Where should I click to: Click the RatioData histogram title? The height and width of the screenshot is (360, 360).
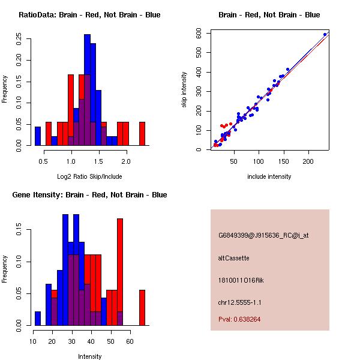89,15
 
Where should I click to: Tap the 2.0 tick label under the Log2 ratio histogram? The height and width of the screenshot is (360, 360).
126,161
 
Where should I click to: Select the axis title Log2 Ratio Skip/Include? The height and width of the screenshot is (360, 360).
89,176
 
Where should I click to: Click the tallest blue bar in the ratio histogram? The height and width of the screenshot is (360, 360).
87,90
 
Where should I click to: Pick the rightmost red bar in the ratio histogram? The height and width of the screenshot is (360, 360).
142,134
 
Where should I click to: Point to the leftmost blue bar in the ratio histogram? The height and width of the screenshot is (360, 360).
38,136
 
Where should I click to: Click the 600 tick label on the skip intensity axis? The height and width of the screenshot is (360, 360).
199,33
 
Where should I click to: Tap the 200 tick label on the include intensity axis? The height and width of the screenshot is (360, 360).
308,161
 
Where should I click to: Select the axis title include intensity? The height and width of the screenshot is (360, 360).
269,176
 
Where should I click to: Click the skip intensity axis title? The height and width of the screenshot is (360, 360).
184,89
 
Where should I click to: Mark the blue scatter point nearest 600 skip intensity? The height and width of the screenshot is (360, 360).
325,35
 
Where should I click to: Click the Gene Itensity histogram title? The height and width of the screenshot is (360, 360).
89,195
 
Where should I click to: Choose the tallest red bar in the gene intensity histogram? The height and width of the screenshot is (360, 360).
120,272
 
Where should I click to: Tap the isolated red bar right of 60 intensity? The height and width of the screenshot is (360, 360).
142,308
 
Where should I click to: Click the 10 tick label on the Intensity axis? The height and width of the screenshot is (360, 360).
33,341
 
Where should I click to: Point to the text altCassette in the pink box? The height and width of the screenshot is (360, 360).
234,258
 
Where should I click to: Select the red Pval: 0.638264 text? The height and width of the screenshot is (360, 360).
239,319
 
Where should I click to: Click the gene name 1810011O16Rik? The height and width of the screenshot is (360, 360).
241,280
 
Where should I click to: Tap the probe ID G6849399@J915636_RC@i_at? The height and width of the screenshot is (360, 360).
263,236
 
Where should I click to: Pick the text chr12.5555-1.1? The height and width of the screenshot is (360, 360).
239,302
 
